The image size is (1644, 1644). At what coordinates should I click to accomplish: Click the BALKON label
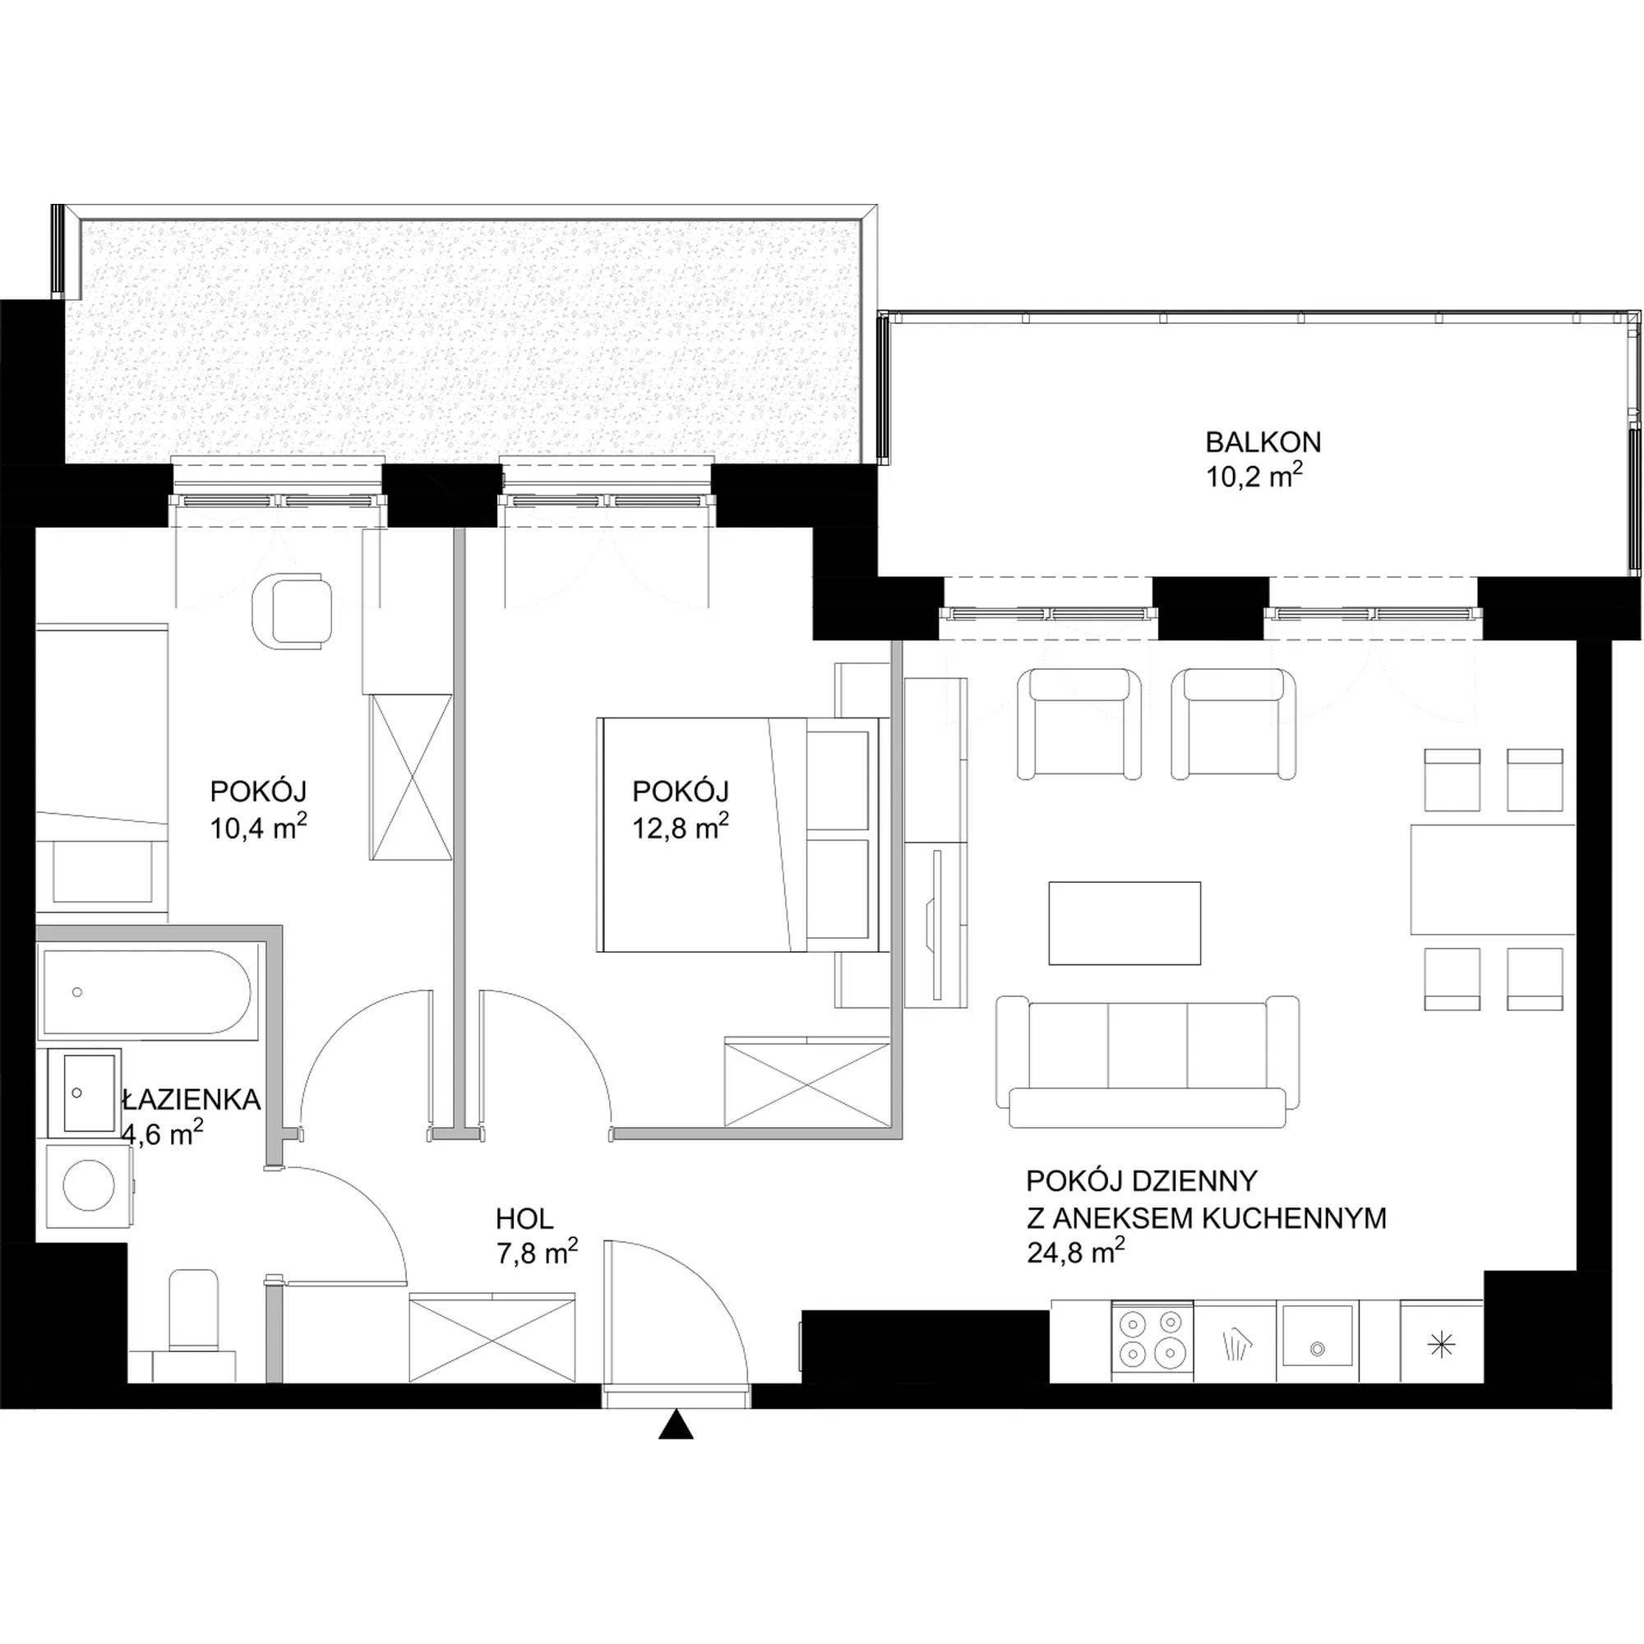[1263, 442]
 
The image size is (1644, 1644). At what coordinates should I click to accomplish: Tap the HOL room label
[524, 1218]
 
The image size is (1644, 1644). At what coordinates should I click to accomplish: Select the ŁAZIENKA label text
[190, 1099]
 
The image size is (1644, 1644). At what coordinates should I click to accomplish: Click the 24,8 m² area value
[1077, 1252]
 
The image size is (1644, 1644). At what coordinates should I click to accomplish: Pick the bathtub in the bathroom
[144, 992]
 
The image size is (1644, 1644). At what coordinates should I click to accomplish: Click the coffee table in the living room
[1124, 923]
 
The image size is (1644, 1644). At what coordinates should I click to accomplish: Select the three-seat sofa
[1147, 1060]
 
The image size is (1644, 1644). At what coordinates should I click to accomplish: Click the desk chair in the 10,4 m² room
[293, 610]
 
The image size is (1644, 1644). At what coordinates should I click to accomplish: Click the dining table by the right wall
[1493, 879]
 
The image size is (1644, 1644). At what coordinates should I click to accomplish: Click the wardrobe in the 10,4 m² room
[411, 776]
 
